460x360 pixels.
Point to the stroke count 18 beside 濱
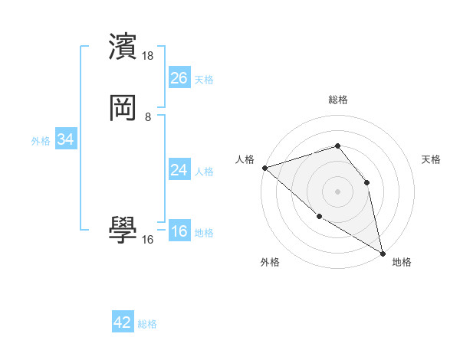149,56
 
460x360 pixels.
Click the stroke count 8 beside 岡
148,117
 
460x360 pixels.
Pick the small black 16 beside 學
148,240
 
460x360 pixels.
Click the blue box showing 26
179,77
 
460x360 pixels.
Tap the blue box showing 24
179,170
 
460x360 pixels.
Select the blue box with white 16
179,231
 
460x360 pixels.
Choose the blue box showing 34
65,139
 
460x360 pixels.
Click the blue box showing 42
123,322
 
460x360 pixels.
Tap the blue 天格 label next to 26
204,80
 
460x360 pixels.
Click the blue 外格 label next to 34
41,141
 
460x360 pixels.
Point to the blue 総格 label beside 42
147,324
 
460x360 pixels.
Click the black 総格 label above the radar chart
338,100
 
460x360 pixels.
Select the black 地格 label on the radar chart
402,262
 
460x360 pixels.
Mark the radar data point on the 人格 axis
264,168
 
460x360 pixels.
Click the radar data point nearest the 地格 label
383,253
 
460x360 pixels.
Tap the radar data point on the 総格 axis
337,146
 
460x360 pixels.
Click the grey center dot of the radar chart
337,191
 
